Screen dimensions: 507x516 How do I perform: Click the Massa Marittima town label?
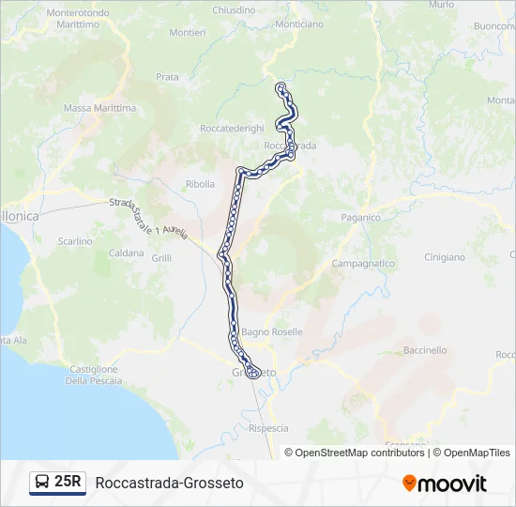click(x=99, y=108)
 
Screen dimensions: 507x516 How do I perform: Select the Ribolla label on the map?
click(x=201, y=184)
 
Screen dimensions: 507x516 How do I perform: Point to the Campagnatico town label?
click(x=363, y=264)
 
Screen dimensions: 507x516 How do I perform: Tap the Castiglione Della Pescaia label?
click(x=91, y=375)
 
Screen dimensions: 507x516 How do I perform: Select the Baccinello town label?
click(x=425, y=350)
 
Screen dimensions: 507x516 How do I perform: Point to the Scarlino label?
click(x=76, y=241)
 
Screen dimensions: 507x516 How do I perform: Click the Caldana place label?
click(x=126, y=253)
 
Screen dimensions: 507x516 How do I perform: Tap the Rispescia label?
click(x=268, y=427)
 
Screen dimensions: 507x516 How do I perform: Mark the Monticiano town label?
click(x=299, y=23)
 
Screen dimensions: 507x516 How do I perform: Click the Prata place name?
click(x=167, y=77)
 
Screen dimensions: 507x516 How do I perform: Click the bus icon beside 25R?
click(x=42, y=483)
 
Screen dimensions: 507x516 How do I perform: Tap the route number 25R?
click(x=68, y=483)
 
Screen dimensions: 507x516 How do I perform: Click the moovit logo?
click(x=445, y=484)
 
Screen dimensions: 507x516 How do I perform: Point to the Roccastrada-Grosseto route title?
click(x=169, y=483)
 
